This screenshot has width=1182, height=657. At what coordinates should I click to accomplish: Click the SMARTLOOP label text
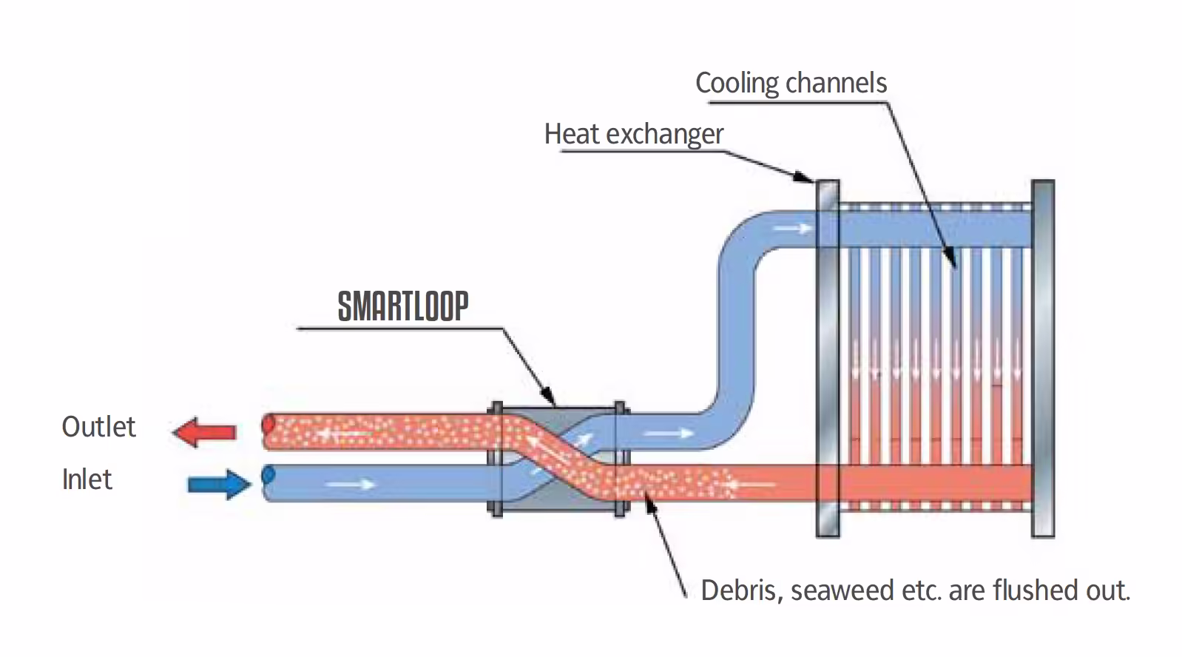(x=403, y=306)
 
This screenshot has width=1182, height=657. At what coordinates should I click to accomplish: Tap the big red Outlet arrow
(x=205, y=431)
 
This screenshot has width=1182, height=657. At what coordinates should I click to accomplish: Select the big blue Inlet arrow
(x=219, y=485)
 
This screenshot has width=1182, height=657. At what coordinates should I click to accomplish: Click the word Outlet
(x=98, y=427)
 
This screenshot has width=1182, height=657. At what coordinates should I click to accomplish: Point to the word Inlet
(x=87, y=479)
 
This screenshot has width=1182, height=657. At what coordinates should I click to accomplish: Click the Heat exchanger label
(x=633, y=134)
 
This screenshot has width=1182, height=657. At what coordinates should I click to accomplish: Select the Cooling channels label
(x=791, y=83)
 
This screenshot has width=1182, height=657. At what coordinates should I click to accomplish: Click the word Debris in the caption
(x=740, y=590)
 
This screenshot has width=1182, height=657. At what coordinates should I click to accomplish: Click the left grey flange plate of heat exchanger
(x=827, y=359)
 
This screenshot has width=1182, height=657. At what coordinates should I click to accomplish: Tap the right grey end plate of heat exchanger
(x=1042, y=359)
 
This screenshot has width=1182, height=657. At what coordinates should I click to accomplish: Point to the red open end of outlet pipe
(x=269, y=425)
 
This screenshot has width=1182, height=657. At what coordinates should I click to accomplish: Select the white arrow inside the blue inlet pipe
(x=351, y=485)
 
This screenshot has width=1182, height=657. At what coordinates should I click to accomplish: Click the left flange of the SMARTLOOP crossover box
(x=496, y=459)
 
